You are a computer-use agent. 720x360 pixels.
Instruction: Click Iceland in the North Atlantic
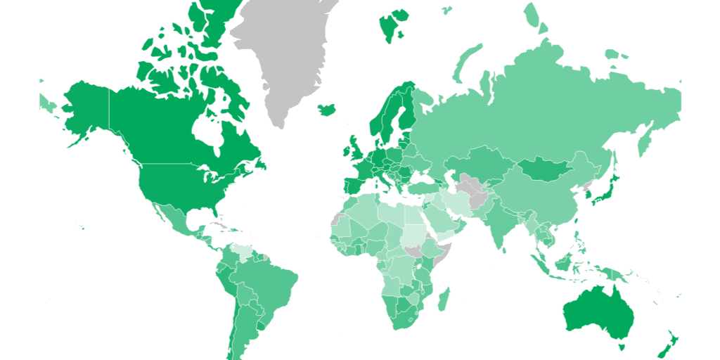(326, 110)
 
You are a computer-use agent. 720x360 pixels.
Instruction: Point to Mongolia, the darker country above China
(545, 169)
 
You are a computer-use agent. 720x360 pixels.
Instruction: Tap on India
(501, 221)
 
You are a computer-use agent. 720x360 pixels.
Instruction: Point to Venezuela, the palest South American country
(243, 252)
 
